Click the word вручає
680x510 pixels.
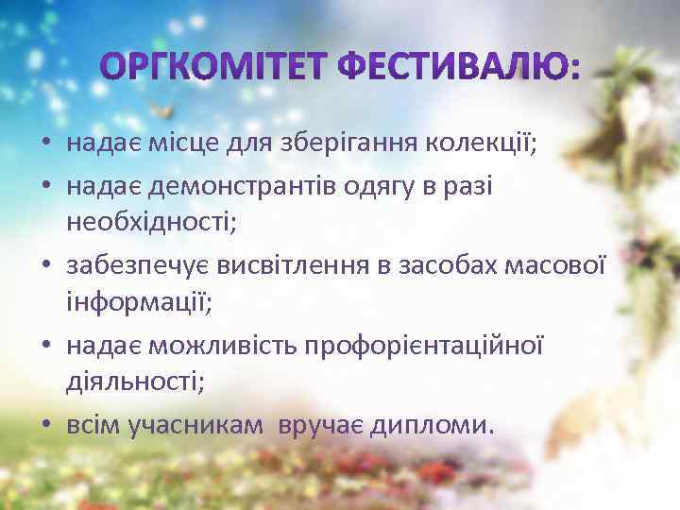tap(318, 426)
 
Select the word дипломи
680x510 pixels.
tap(430, 426)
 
